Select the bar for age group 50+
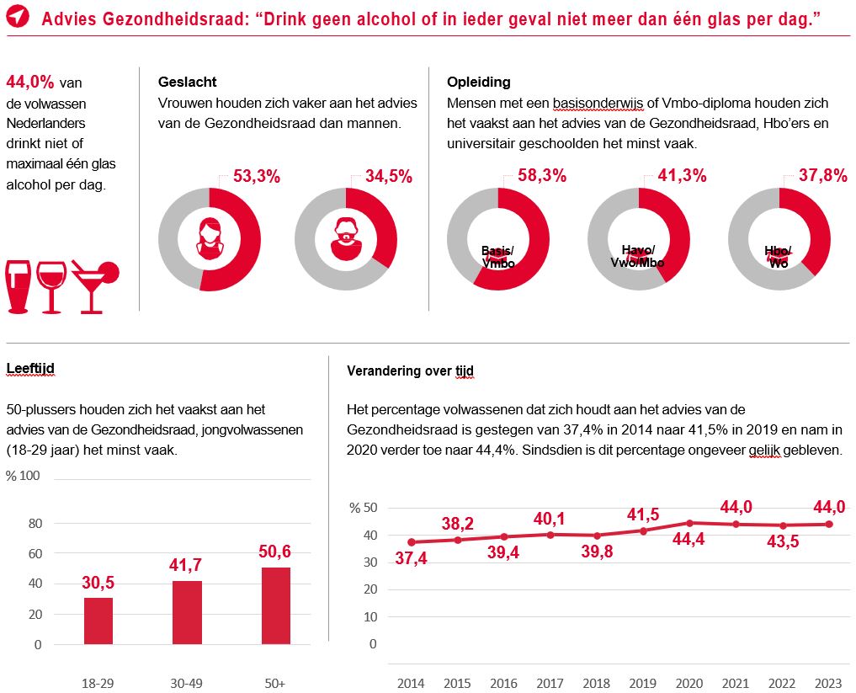275,605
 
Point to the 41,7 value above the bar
186,564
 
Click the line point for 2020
689,523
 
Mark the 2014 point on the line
411,542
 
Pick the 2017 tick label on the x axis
550,682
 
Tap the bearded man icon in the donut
345,239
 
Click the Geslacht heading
187,82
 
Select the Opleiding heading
478,82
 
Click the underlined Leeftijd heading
30,368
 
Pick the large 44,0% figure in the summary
30,82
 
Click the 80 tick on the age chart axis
35,523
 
